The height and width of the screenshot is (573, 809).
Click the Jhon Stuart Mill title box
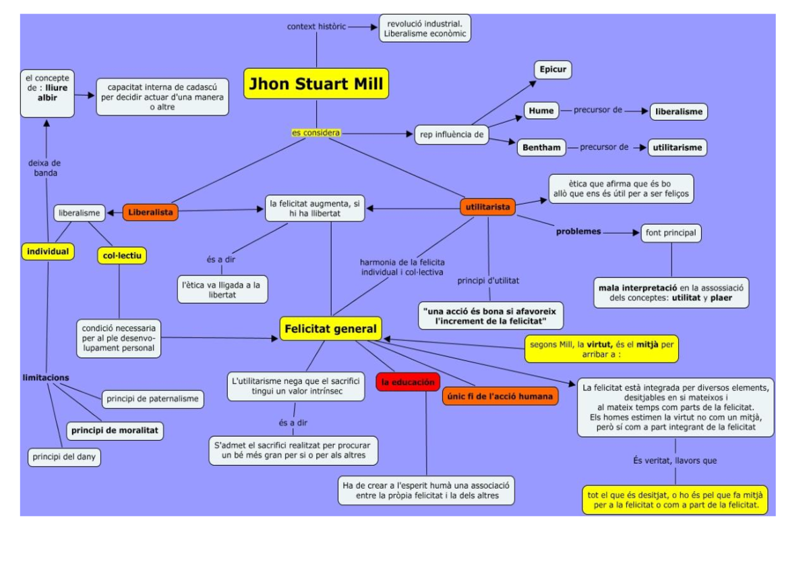[x=316, y=84]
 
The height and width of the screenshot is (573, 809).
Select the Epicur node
[x=553, y=70]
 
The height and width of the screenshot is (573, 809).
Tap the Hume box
[x=541, y=111]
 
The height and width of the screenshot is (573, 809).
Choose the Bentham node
[x=542, y=147]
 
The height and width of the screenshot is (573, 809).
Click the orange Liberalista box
[x=150, y=213]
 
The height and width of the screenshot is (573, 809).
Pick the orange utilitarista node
[x=488, y=207]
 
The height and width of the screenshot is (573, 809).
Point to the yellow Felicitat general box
[x=330, y=329]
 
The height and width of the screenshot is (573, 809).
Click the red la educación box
[x=408, y=382]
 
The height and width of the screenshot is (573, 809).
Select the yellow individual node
[x=48, y=252]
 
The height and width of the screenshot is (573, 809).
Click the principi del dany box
[x=64, y=457]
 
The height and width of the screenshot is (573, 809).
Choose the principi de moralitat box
[x=115, y=430]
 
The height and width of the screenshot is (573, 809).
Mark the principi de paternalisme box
[x=152, y=399]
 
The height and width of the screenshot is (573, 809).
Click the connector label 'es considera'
[x=316, y=133]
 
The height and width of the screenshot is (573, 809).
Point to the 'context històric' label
[x=316, y=26]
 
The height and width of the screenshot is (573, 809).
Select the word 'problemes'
[x=578, y=231]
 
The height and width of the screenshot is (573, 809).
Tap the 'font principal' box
[x=671, y=233]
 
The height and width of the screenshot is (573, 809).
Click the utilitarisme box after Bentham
[x=678, y=147]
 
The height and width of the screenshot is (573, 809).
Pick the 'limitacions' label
[x=45, y=377]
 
